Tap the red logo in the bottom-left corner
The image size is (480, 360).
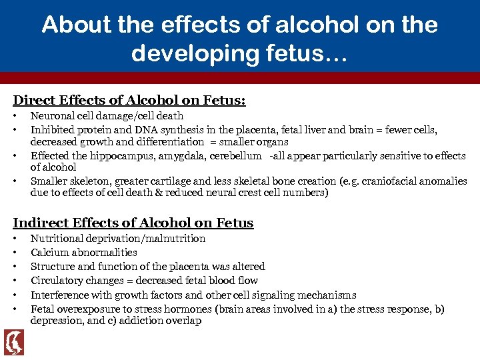coord(14,343)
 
